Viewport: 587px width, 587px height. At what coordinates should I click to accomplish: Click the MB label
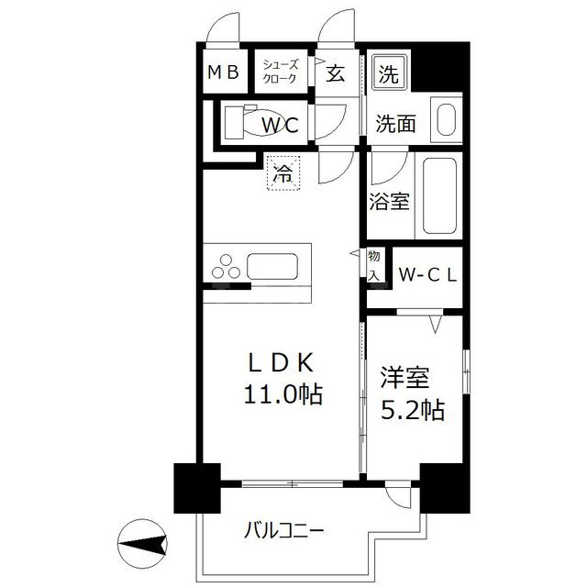222,72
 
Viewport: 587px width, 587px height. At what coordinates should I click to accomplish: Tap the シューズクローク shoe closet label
280,72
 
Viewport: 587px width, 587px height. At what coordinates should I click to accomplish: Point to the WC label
279,124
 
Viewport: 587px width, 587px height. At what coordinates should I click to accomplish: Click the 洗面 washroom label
396,123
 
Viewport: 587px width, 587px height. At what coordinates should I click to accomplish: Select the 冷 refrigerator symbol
284,172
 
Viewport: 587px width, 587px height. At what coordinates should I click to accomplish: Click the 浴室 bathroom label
390,200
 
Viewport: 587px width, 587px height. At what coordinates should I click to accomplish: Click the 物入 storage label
374,264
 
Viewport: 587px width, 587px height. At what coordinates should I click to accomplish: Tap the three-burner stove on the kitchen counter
227,265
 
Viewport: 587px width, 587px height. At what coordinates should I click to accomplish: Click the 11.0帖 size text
282,395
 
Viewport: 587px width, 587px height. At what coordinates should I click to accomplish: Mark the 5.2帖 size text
413,409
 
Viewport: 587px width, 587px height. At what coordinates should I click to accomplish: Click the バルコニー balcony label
283,530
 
